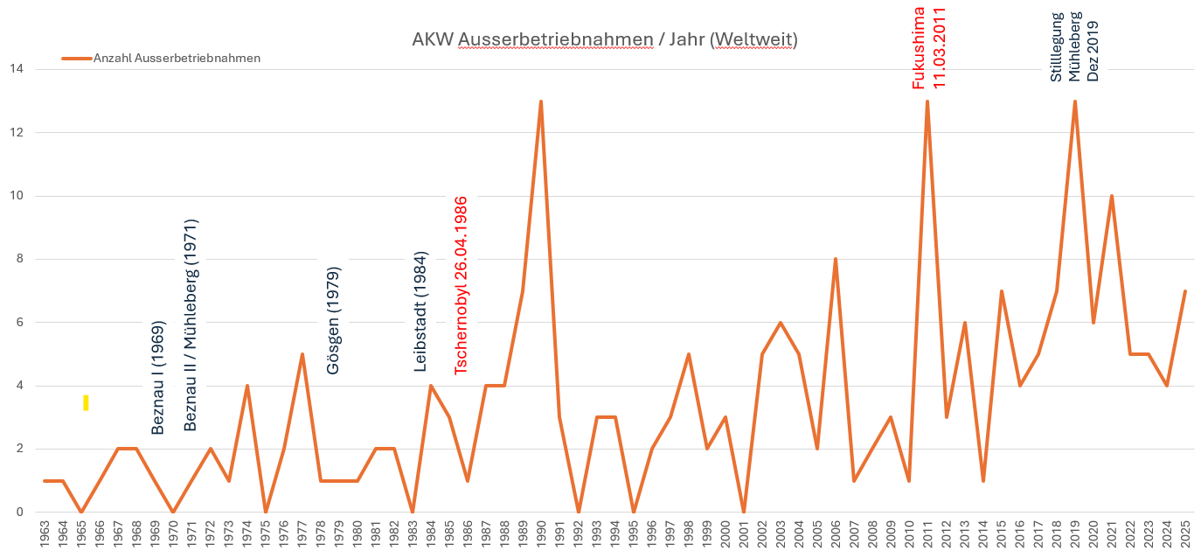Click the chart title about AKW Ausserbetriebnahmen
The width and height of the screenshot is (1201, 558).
[604, 40]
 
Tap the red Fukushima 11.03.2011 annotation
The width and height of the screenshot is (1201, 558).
[929, 45]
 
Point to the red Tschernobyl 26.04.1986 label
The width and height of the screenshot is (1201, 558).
[462, 285]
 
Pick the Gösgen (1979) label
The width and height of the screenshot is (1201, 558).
[333, 320]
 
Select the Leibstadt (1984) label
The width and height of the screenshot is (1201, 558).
[420, 312]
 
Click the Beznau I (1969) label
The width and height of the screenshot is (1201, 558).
[158, 376]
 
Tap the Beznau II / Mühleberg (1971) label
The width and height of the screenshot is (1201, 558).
[191, 324]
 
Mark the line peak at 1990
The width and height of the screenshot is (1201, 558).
[541, 101]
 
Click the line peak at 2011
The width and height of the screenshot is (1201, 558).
[927, 101]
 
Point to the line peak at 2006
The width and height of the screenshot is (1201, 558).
[836, 259]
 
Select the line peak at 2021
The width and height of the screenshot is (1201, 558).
[1111, 196]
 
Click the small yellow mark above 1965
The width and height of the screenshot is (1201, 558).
[86, 402]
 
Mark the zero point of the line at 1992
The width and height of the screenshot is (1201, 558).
[578, 512]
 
